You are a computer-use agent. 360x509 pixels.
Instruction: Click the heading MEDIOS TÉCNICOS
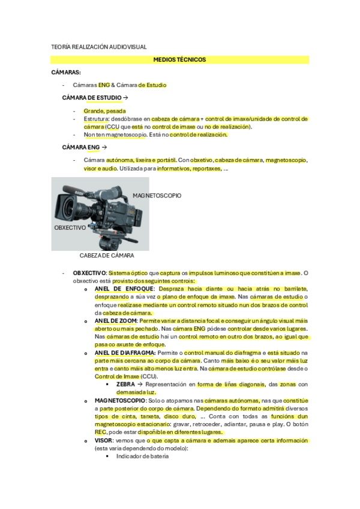tap(179, 60)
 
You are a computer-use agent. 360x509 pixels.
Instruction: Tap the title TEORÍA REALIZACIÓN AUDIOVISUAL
tap(99, 47)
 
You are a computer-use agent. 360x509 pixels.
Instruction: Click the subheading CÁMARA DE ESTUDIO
tap(92, 97)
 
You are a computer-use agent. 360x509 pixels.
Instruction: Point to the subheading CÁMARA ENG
tap(81, 147)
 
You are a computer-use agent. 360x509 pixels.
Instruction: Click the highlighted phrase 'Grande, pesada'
tap(104, 111)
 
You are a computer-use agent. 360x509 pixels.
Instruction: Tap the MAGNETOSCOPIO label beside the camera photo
tap(157, 196)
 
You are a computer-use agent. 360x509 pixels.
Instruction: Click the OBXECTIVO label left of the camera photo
tap(70, 228)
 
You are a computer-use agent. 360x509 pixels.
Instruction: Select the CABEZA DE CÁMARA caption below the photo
tap(106, 256)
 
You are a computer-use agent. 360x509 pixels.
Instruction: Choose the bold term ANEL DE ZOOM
tap(115, 322)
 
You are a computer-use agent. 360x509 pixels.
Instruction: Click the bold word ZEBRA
tap(125, 384)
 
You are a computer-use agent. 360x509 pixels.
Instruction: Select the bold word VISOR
tap(104, 440)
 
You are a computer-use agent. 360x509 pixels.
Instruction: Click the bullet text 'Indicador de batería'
tap(142, 456)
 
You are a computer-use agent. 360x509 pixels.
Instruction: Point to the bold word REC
tap(100, 432)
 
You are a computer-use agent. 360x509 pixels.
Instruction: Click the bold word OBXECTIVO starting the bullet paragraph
tap(89, 273)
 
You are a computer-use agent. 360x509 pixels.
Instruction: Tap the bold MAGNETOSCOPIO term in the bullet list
tap(118, 400)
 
